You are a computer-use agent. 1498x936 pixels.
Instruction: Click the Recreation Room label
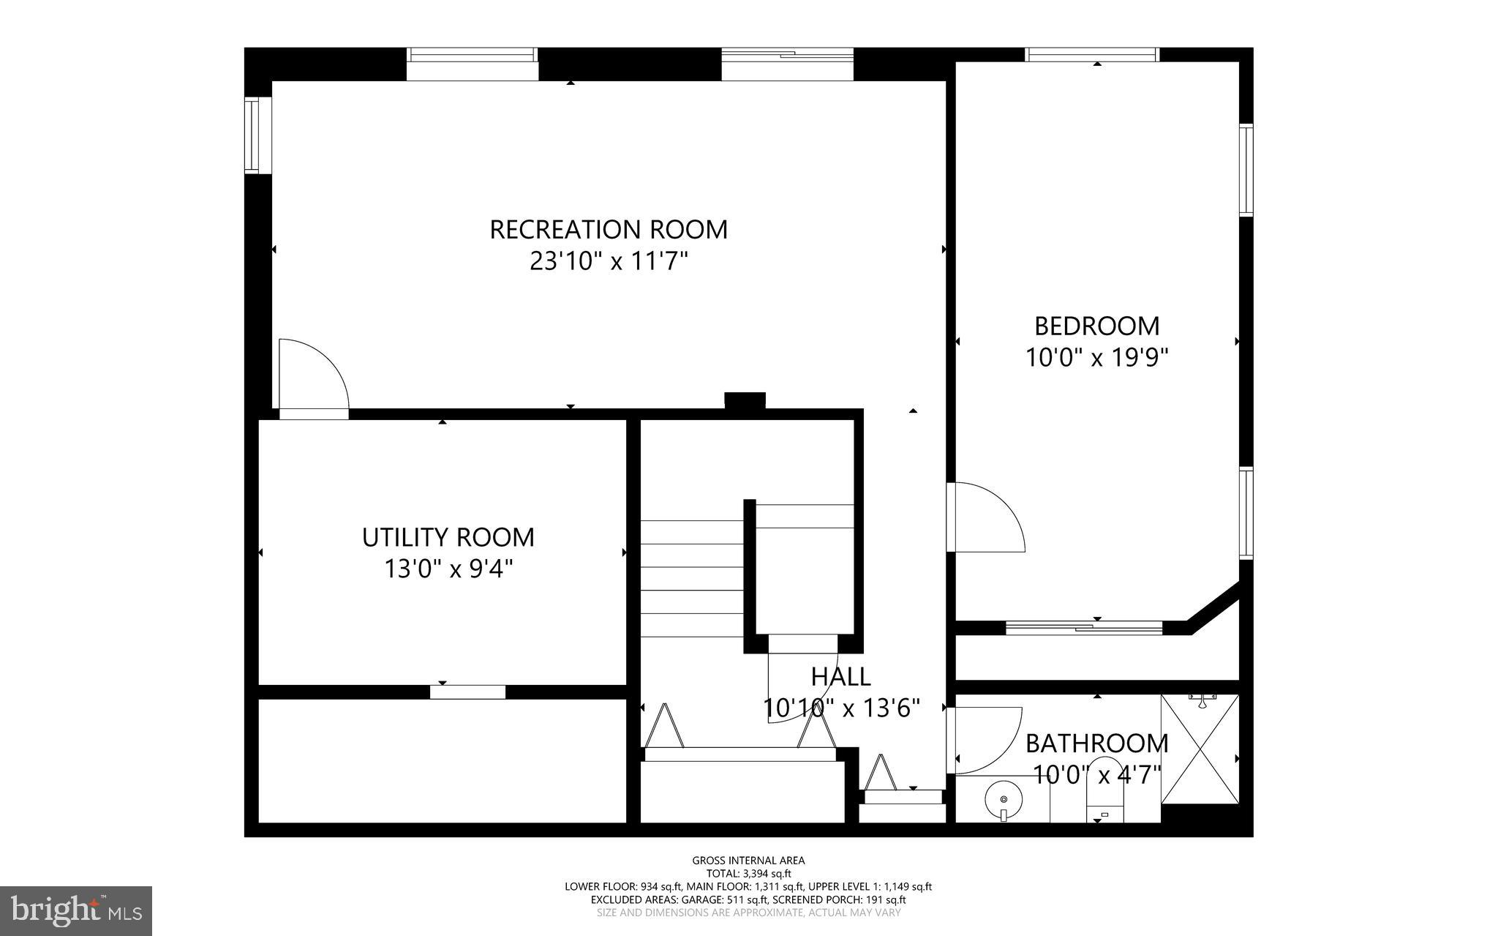[x=608, y=229]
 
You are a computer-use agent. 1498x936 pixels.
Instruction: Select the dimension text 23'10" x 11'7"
[x=609, y=261]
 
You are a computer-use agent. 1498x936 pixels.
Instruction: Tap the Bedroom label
[x=1096, y=325]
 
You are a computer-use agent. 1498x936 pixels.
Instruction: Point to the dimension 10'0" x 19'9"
[x=1096, y=358]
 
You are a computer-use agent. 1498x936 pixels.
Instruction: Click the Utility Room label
[x=448, y=537]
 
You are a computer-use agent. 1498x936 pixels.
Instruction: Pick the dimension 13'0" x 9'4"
[x=448, y=569]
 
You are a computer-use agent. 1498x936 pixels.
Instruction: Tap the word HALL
[x=840, y=676]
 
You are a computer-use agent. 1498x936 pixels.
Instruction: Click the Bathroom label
[x=1096, y=744]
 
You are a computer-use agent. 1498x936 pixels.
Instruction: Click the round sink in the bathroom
[x=1004, y=799]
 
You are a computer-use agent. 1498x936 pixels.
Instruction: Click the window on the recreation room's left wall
[x=253, y=135]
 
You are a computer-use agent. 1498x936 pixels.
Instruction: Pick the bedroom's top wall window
[x=1092, y=54]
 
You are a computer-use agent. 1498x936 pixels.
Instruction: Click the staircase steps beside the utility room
[x=692, y=578]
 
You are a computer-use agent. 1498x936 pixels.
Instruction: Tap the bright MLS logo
[x=76, y=910]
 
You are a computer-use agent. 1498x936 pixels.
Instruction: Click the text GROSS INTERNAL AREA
[x=748, y=861]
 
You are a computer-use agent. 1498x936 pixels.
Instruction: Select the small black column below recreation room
[x=745, y=400]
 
